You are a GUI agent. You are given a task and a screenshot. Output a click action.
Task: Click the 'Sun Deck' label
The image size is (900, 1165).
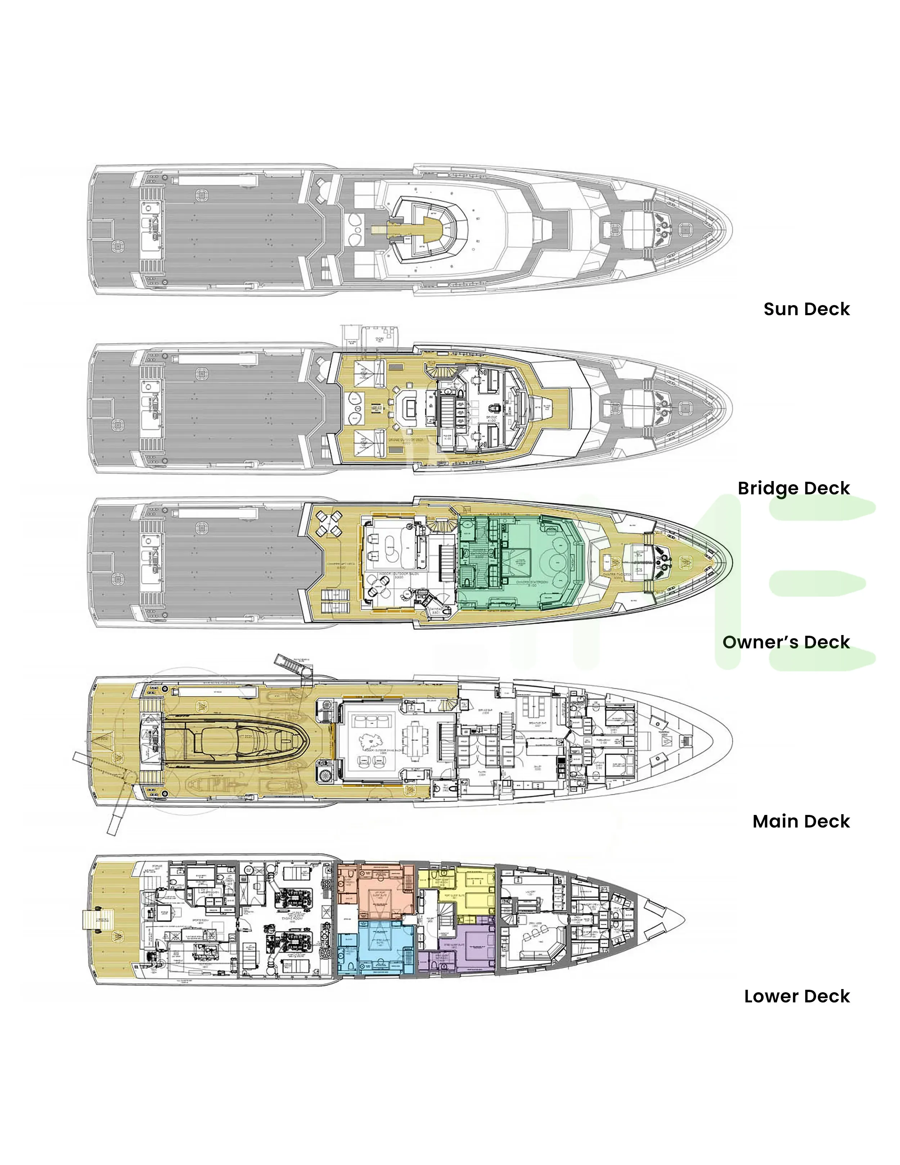coord(806,309)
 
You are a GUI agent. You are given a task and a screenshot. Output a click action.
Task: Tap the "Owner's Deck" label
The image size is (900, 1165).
coord(786,642)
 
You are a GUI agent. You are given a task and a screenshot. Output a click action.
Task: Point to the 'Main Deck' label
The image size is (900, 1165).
coord(801,821)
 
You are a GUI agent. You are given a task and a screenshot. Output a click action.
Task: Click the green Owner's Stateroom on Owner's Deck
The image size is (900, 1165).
coord(526,563)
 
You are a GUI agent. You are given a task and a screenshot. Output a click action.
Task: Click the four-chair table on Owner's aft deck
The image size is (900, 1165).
coord(329,524)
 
